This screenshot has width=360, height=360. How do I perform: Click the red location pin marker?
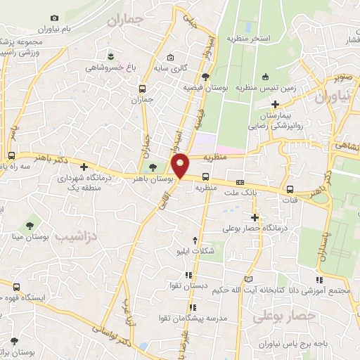181,165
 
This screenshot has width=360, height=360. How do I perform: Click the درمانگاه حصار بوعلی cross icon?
255,218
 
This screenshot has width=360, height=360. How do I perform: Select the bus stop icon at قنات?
290,188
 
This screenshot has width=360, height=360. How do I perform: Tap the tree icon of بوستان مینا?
30,225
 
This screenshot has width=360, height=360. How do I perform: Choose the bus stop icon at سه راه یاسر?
11,155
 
